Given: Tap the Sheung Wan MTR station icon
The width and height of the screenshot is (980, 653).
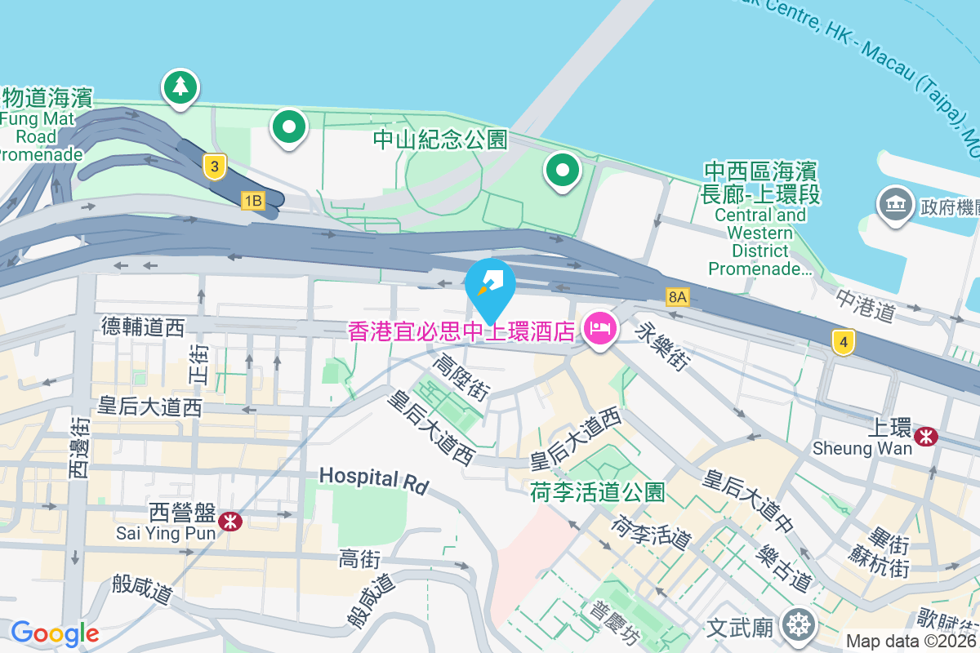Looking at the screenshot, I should (x=926, y=437).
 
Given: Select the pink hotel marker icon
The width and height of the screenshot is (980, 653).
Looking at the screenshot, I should (x=600, y=329).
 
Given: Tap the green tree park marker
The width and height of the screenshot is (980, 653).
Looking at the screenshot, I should (x=180, y=86).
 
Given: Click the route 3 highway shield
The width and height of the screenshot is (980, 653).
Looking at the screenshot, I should (x=214, y=168).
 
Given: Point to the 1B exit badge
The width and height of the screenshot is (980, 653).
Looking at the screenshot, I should (x=253, y=200).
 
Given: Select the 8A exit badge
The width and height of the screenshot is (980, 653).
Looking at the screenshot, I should (x=677, y=296).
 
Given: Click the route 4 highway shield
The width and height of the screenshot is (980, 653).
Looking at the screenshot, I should (x=844, y=341).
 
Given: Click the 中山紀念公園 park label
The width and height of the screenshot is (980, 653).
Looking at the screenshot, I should (x=440, y=140).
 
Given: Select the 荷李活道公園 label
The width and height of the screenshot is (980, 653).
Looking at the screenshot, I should (x=597, y=492).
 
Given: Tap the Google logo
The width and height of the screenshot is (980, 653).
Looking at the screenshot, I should (x=55, y=633).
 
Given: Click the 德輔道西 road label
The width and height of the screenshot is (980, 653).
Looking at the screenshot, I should (x=144, y=327).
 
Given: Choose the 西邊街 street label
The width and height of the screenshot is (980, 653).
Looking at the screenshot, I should (x=78, y=448).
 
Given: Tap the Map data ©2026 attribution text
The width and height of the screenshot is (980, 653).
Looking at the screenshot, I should (x=911, y=642).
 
